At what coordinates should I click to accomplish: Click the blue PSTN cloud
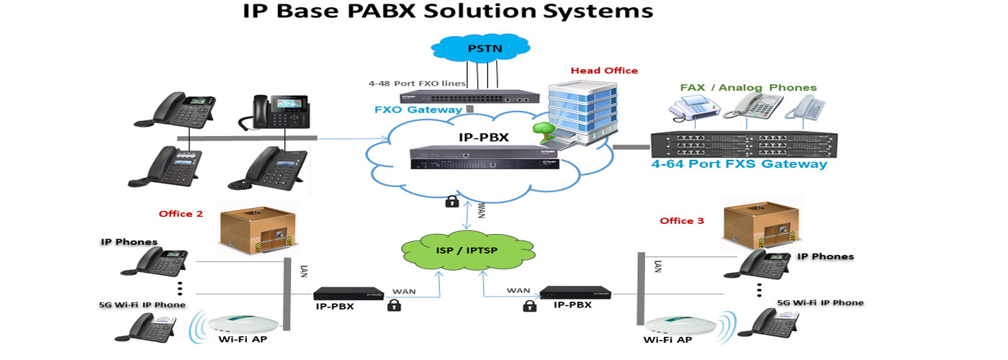(481, 48)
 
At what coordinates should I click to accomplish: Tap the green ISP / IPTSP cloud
(467, 251)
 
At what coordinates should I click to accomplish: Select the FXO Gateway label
(418, 109)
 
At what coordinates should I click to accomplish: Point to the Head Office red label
(604, 71)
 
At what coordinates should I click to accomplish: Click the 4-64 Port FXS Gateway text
(739, 164)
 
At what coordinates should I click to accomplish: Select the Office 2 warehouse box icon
(258, 230)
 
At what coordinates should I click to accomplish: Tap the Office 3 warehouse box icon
(760, 224)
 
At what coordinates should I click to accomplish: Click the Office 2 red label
(181, 214)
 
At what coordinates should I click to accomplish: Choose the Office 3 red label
(682, 220)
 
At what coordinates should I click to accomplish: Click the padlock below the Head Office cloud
(452, 201)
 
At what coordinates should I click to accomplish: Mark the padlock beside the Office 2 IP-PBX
(395, 305)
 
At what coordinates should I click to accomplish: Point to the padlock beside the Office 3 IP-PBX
(529, 307)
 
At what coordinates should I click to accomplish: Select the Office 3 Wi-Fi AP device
(680, 325)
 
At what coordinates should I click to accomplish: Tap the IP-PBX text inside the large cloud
(484, 138)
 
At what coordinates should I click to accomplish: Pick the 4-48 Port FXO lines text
(417, 84)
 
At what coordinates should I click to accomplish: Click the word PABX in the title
(382, 11)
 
